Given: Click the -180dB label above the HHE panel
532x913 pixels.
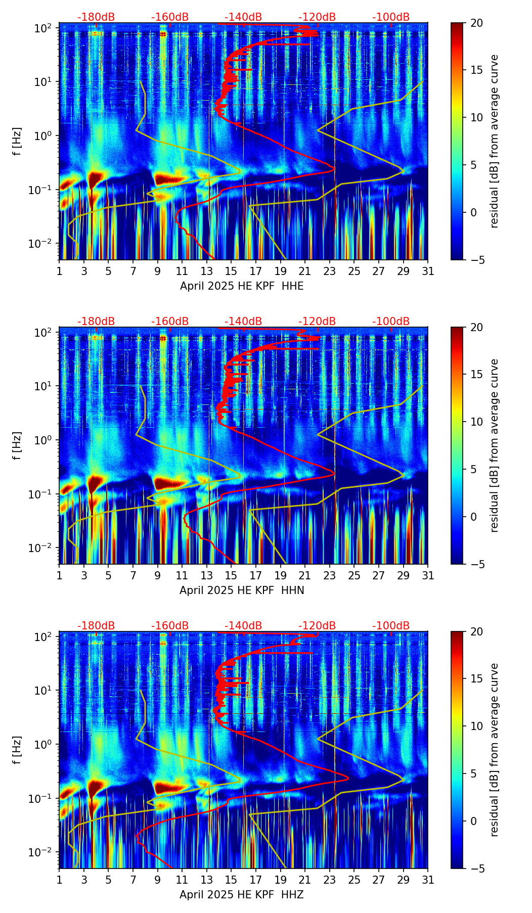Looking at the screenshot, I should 96,17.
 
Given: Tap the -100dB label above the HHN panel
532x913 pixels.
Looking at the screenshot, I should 391,322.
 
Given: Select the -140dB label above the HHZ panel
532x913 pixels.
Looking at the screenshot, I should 243,626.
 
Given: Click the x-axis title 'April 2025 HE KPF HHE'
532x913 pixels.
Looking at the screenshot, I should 242,286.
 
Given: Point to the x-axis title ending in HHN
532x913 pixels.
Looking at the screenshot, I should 242,590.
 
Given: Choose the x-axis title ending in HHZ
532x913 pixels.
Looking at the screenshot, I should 242,895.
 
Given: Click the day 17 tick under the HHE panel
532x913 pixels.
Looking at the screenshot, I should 256,271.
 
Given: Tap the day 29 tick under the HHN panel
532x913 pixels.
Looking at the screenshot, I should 404,575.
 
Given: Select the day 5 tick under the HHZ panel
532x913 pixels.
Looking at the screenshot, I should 108,880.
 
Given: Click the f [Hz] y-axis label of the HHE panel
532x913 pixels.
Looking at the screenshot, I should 18,142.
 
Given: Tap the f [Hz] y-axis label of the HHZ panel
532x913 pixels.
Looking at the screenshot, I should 18,751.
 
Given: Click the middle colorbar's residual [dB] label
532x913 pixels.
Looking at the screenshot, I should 494,445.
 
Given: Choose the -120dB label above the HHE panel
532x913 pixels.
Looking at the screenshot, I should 317,17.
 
